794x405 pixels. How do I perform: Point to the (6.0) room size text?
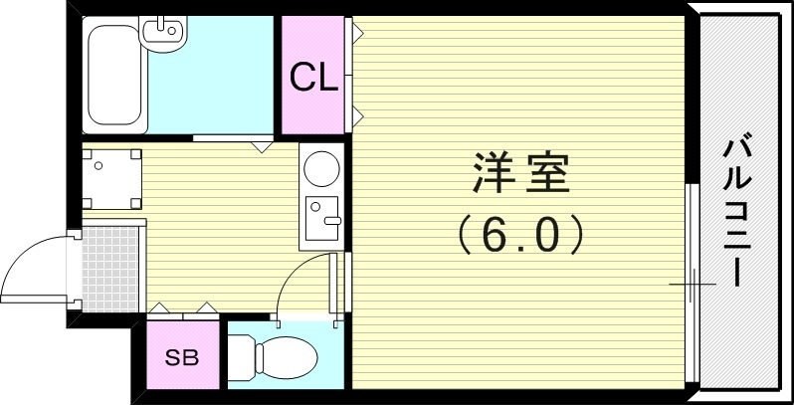(x=517, y=236)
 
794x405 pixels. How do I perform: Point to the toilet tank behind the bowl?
(x=240, y=355)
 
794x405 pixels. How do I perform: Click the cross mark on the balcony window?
(x=692, y=286)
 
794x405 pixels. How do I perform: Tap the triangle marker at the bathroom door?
(x=262, y=147)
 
